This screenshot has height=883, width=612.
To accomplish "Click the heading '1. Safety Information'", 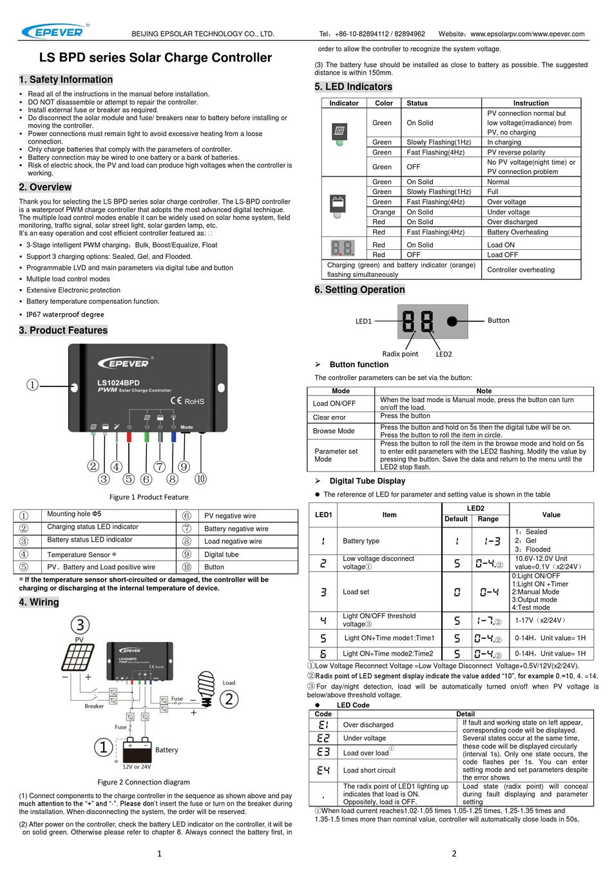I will click(x=66, y=80).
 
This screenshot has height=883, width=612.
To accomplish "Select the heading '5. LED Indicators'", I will click(x=353, y=87).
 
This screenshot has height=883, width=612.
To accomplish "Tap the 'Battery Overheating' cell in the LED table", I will click(x=517, y=233).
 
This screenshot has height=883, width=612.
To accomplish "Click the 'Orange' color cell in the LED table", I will click(x=383, y=212).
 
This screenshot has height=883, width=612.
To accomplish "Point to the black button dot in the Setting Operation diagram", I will click(x=452, y=321).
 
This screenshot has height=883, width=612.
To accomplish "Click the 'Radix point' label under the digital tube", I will click(x=400, y=354).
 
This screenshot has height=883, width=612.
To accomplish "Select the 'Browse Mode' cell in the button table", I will click(x=334, y=431).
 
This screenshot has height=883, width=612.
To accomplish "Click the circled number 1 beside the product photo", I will click(x=33, y=385).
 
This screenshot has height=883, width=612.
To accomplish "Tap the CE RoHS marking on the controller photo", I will click(x=187, y=401).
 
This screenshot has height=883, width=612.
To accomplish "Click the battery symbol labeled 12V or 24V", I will click(x=137, y=751).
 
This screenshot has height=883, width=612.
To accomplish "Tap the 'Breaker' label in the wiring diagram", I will click(x=94, y=706).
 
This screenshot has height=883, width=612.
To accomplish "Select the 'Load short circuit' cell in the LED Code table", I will click(x=369, y=770).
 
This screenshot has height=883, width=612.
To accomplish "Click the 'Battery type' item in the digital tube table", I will click(x=361, y=541).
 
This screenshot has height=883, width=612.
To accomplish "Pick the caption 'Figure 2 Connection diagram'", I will click(x=144, y=782).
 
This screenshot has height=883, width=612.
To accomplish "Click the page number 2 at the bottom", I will click(x=454, y=853).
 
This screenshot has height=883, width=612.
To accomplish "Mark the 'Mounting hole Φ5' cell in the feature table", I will click(x=74, y=514).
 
